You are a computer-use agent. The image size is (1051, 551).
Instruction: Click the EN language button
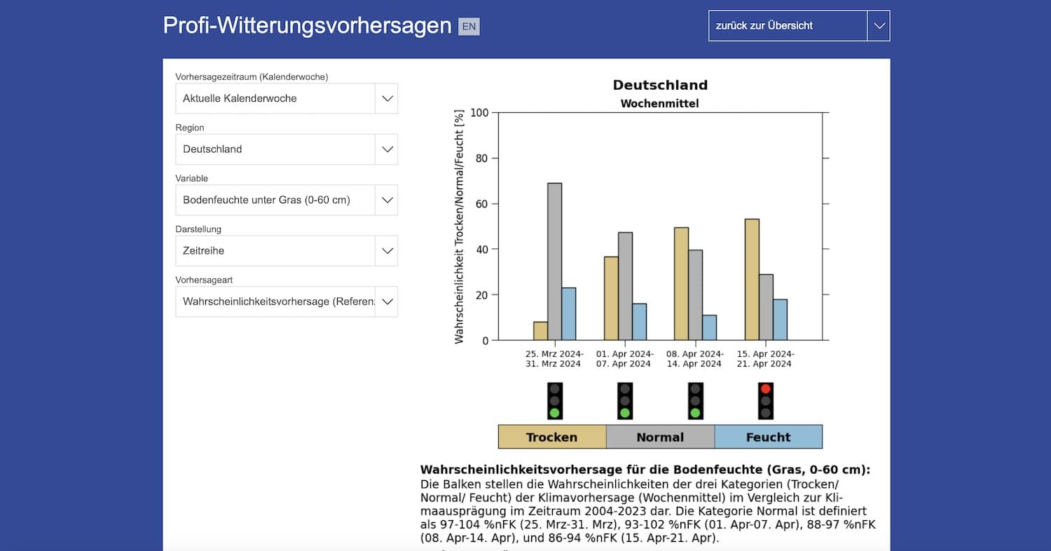[x=469, y=27]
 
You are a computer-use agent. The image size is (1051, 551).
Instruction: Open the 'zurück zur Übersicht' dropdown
[x=799, y=26]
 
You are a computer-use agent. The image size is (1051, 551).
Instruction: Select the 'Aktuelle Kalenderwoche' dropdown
[x=286, y=99]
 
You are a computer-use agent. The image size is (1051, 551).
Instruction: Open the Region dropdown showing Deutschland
[x=286, y=149]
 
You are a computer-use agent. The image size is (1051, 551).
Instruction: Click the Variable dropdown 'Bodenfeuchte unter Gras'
[x=286, y=200]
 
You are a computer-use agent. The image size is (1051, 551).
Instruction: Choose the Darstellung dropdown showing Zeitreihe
[x=286, y=251]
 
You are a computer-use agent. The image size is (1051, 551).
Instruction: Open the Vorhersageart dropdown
[x=286, y=301]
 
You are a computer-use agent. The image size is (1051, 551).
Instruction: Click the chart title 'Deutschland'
[x=660, y=86]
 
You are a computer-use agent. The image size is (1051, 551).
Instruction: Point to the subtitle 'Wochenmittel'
[x=660, y=104]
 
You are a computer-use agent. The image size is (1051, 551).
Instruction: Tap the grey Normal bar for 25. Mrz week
[x=554, y=261]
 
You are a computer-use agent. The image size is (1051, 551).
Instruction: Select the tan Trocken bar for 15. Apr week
[x=752, y=280]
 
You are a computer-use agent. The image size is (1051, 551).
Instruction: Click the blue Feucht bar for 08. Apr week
[x=709, y=327]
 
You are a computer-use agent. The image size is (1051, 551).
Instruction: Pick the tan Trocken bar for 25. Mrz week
[x=540, y=331]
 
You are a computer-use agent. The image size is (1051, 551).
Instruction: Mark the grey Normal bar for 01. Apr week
[x=625, y=286]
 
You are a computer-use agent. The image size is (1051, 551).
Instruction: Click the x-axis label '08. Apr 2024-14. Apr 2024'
[x=694, y=359]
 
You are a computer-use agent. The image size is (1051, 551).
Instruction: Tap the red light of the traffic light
[x=765, y=389]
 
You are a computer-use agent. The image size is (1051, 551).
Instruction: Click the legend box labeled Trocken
[x=552, y=437]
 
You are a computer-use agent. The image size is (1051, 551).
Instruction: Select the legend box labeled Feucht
[x=768, y=437]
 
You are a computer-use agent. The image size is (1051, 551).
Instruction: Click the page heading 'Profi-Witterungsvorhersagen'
[x=307, y=25]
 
